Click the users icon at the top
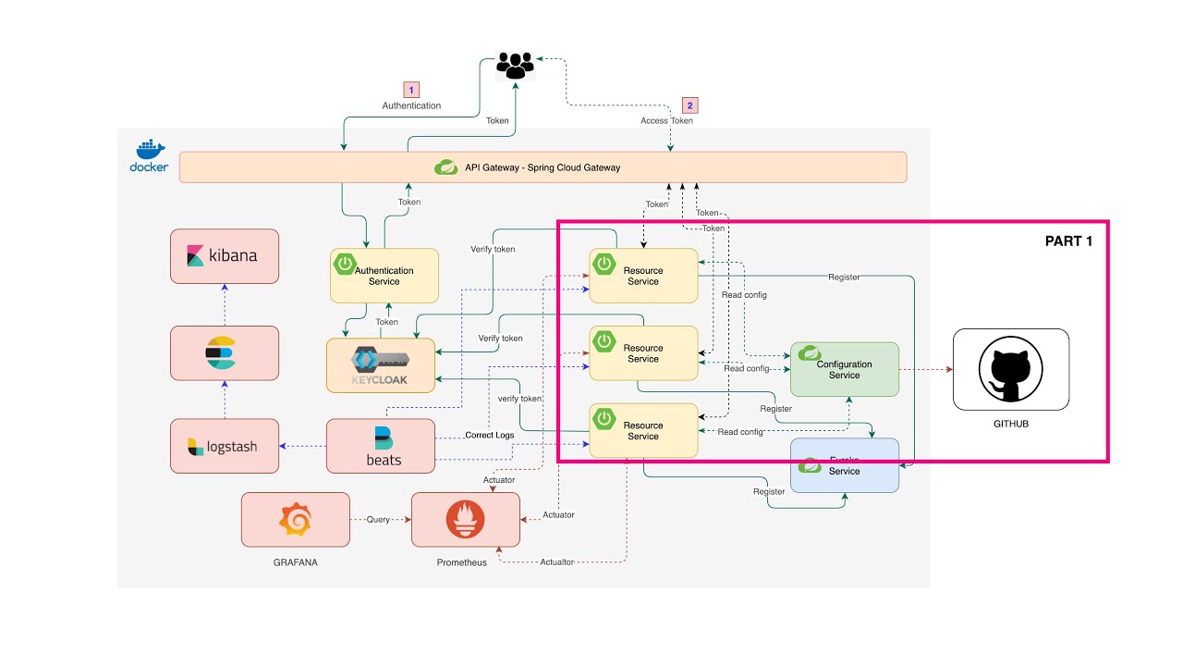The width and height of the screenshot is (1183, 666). point(515,65)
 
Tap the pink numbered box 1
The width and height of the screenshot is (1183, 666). point(412,90)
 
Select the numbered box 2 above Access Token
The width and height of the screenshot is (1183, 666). point(689,105)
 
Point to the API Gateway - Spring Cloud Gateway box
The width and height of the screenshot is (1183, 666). point(543,167)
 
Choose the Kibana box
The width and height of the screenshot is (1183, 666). point(225,256)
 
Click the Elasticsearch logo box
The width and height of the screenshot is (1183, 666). point(225,352)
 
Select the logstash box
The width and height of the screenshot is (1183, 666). point(225,446)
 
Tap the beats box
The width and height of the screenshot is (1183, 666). point(381,446)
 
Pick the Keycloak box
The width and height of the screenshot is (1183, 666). point(381,365)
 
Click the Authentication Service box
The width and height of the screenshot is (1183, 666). point(384,275)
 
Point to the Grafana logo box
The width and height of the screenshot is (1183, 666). point(296,519)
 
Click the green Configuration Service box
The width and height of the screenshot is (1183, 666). point(844,369)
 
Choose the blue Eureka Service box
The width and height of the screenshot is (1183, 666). point(844,465)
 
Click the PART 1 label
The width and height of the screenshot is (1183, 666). point(1068,240)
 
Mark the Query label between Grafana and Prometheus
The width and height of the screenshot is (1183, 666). point(379,519)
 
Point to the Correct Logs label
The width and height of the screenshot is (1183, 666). point(489,435)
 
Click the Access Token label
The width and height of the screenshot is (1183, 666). point(666,120)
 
